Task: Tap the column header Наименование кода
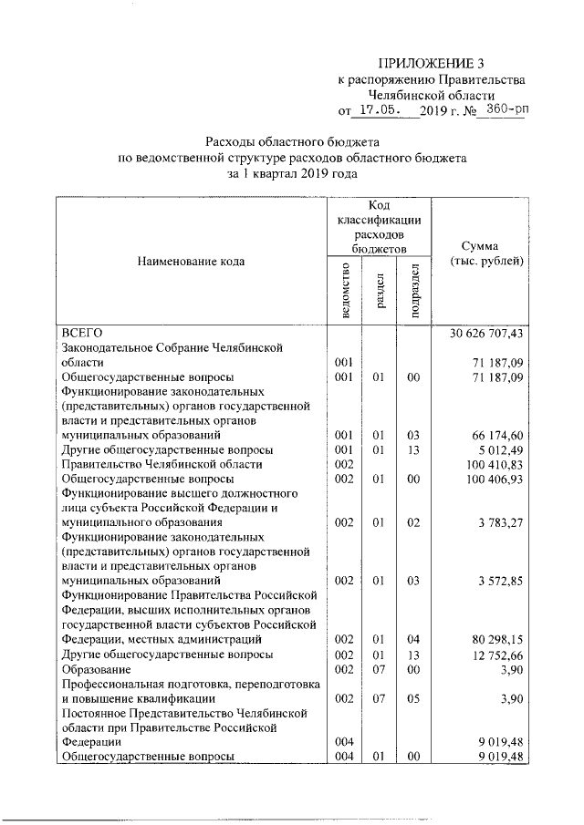point(192,262)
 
